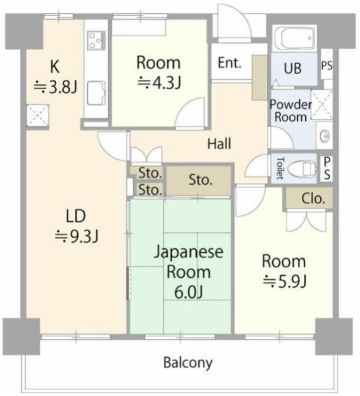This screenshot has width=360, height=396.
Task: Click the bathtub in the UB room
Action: tap(295, 38)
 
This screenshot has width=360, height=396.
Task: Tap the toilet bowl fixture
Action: tap(302, 168)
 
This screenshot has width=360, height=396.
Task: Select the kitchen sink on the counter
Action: tap(96, 93)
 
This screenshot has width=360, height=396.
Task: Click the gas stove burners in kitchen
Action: tap(96, 40)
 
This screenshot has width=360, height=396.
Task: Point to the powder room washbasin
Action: tap(324, 137)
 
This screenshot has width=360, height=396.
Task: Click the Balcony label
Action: tap(188, 363)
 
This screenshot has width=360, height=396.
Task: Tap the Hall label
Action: tap(219, 143)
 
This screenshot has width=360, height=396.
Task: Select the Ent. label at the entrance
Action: tap(230, 63)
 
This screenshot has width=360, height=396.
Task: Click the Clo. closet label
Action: tap(313, 199)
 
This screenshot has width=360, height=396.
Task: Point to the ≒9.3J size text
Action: tap(77, 236)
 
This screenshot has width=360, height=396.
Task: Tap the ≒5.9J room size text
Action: tap(285, 280)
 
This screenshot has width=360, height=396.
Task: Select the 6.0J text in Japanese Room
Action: tap(189, 292)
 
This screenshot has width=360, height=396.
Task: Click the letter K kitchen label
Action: tap(55, 67)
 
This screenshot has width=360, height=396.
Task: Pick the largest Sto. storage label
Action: tap(200, 180)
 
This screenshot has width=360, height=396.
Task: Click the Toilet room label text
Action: tap(280, 168)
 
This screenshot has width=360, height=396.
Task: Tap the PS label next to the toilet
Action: tap(326, 168)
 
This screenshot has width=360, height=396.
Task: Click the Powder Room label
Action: tap(291, 111)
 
